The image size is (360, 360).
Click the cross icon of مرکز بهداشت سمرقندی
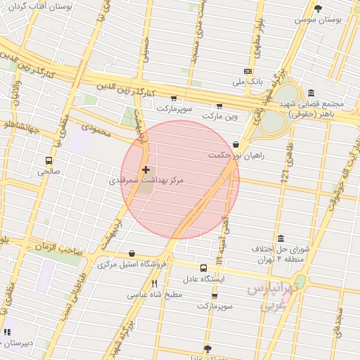(146, 169)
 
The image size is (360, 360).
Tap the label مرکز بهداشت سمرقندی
(146, 181)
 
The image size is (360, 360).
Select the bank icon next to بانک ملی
(247, 71)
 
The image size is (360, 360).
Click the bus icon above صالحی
(49, 160)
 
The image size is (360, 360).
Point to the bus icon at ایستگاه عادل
(203, 268)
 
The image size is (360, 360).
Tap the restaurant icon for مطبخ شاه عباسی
(154, 283)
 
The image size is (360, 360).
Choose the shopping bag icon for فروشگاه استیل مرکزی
(132, 254)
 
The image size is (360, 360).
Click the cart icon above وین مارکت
(219, 106)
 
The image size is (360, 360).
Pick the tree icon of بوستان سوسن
(319, 9)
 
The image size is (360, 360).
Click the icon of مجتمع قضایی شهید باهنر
(311, 94)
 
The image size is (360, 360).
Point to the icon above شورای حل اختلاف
(281, 238)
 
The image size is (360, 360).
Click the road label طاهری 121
(287, 165)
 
